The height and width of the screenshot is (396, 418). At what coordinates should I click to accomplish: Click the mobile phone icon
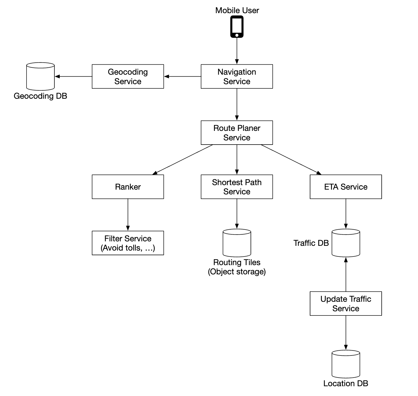237,27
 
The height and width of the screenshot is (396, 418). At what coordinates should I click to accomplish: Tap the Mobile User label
237,10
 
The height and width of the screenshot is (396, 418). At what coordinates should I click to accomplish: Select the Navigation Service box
237,77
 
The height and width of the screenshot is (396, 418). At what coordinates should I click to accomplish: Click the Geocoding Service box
128,77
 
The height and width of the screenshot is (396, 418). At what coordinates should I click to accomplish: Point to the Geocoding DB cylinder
41,76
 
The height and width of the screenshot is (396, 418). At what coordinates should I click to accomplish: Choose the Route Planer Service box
237,133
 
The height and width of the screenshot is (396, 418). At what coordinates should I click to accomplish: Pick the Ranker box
128,187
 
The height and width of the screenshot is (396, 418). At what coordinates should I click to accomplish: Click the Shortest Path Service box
237,187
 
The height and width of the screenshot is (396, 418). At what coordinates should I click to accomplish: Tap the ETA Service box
346,187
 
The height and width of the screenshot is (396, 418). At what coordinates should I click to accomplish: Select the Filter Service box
128,243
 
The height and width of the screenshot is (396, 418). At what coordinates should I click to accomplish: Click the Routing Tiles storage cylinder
237,243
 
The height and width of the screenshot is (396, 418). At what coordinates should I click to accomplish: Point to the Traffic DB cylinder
346,243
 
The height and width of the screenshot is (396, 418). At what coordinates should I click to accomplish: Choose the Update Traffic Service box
346,304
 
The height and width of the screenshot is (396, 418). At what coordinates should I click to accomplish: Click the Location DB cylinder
346,364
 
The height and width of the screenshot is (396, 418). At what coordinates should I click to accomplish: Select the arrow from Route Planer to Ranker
183,160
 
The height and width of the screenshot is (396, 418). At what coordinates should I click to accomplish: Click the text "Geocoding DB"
41,96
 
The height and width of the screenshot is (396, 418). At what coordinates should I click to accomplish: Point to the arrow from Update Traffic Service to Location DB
346,333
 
